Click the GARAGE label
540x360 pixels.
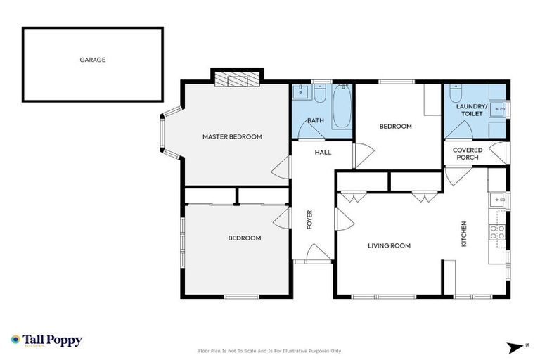click(x=92, y=60)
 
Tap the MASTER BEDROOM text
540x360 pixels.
click(x=232, y=136)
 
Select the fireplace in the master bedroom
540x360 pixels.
click(x=238, y=79)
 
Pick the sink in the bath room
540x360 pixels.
click(x=300, y=92)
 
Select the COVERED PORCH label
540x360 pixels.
click(x=467, y=153)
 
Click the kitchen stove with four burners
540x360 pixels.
click(x=497, y=231)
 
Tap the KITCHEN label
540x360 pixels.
click(x=463, y=234)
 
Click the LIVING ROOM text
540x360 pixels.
click(x=389, y=245)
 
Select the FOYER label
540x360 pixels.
click(x=309, y=219)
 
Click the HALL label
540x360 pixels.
click(x=323, y=152)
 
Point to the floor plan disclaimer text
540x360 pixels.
click(x=270, y=350)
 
